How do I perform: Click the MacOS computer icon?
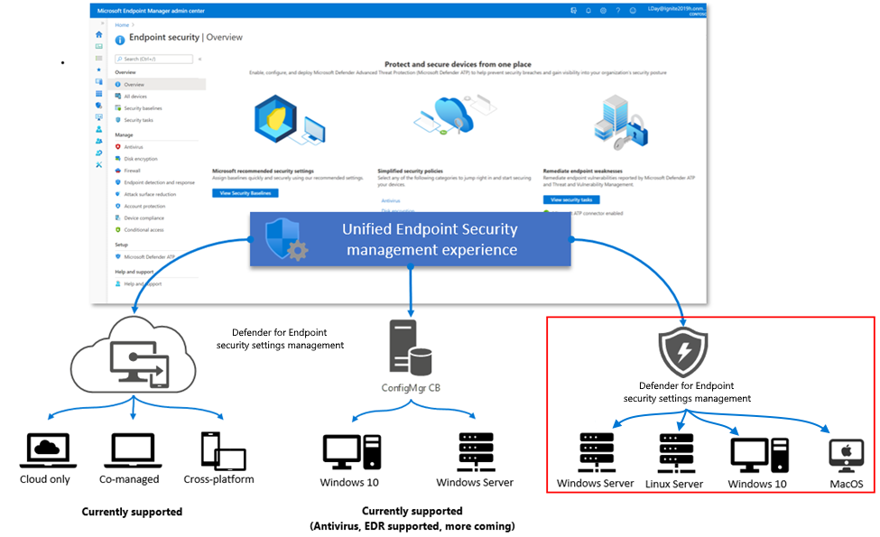click(846, 456)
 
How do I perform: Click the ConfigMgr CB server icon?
click(408, 347)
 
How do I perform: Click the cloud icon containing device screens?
click(134, 353)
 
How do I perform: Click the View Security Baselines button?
click(245, 193)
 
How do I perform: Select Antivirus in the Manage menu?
click(134, 146)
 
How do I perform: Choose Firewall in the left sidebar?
click(132, 170)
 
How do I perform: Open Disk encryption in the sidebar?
click(140, 158)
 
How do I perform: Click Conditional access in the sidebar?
click(144, 229)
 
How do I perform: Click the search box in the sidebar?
click(153, 60)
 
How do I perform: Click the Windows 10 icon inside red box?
click(758, 456)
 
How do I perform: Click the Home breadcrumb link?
click(121, 24)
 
